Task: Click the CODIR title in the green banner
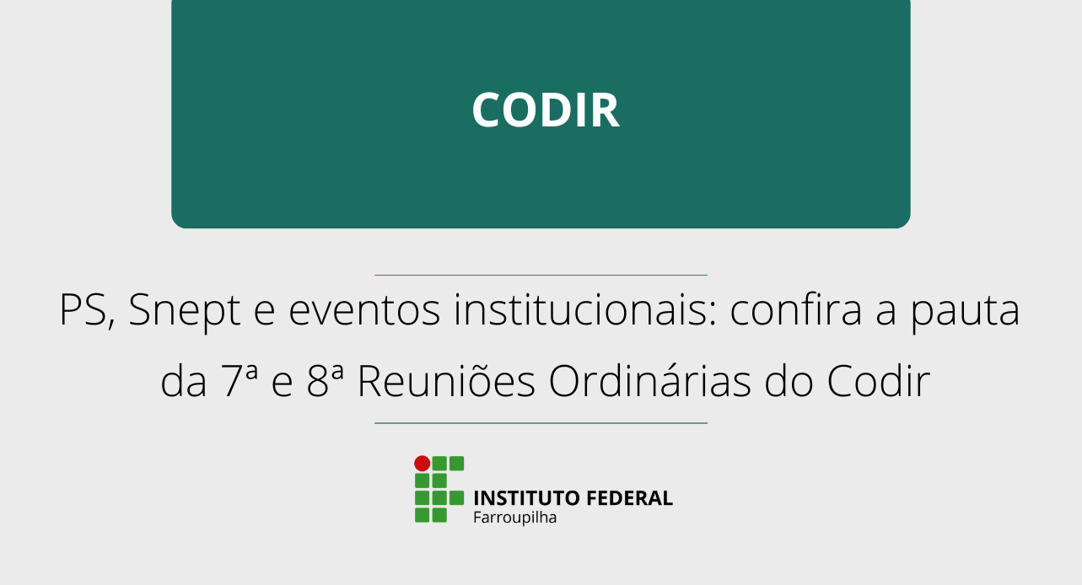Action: point(546,110)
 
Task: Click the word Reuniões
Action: point(446,382)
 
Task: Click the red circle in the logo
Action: point(422,463)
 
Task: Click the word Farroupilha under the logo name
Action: point(514,518)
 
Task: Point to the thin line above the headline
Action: point(541,275)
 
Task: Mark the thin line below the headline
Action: point(541,423)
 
